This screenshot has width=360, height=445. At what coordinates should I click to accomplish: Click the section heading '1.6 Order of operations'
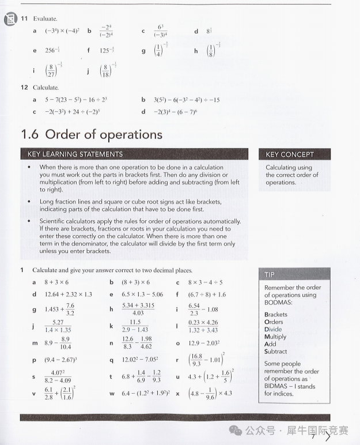point(92,134)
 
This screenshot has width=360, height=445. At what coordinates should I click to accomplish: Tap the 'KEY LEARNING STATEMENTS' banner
point(75,154)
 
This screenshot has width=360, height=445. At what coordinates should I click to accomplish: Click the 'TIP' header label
point(270,274)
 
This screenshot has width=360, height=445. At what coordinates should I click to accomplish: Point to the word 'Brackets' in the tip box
point(276,315)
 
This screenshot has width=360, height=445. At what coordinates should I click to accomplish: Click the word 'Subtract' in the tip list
point(275,352)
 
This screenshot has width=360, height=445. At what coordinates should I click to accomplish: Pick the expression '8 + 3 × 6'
point(56,282)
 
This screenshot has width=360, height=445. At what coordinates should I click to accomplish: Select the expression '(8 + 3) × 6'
point(135,282)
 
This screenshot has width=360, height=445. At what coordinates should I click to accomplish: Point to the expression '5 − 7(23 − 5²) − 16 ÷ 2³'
point(76,100)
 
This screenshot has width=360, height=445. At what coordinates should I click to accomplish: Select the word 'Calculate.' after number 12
point(46,88)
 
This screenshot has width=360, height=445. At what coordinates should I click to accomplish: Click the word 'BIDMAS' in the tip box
point(277,386)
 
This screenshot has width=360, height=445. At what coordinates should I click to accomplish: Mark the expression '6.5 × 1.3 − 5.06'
point(142,295)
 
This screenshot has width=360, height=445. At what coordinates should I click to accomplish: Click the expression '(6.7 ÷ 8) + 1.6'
point(207,295)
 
